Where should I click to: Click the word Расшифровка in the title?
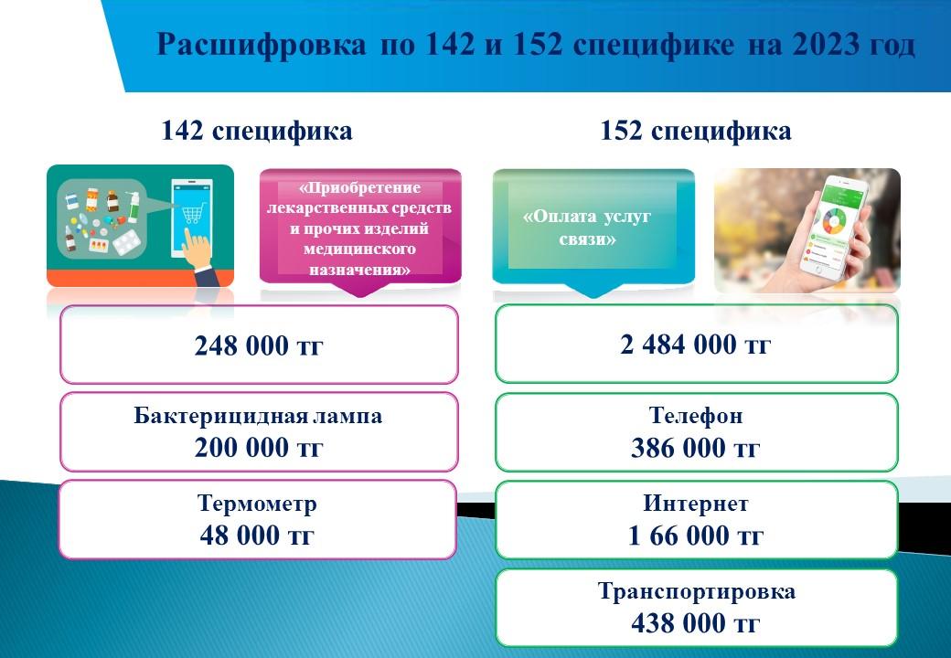pos(262,45)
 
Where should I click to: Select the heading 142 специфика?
pos(257,131)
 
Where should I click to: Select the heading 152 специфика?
pos(696,131)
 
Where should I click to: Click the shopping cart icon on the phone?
pos(192,213)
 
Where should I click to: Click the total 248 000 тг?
pos(259,346)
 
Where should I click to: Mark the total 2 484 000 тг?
pos(696,345)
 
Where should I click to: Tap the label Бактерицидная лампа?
pos(258,416)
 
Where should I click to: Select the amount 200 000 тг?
pos(259,447)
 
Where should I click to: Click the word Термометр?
pos(257,504)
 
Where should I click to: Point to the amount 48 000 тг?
pos(257,535)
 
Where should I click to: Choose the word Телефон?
pos(696,416)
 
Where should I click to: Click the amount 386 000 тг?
pos(696,448)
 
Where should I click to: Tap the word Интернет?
pos(696,504)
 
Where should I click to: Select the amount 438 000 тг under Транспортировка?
pos(696,623)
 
